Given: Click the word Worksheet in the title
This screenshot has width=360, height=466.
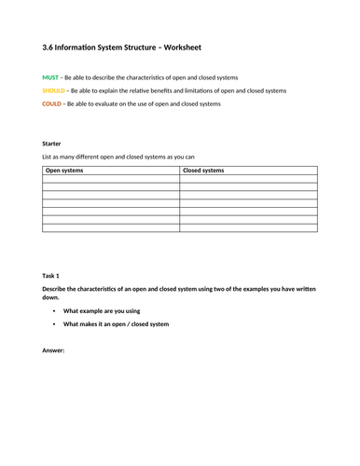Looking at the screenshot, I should coord(204,46).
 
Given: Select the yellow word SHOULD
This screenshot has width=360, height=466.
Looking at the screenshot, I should coord(55,90).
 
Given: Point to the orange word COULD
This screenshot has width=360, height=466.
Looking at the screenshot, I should coord(52,104).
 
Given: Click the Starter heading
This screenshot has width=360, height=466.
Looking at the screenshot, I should coord(52,143).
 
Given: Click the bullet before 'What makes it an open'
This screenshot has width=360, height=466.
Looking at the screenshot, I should coord(54,324).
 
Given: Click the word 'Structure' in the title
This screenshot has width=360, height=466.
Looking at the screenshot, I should coord(155,46).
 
